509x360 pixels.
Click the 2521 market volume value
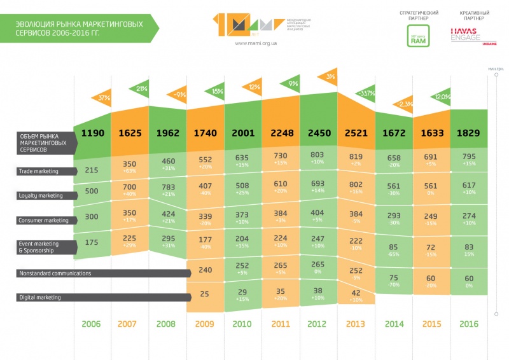356,134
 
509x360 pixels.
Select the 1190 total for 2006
93,134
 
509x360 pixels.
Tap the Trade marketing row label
38,171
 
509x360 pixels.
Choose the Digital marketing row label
40,297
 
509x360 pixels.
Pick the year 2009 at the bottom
204,324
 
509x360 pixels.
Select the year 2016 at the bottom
468,324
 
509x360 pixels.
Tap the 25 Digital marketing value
205,294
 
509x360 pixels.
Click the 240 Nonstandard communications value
205,270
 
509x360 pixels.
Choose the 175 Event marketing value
92,242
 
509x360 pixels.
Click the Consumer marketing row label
42,220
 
